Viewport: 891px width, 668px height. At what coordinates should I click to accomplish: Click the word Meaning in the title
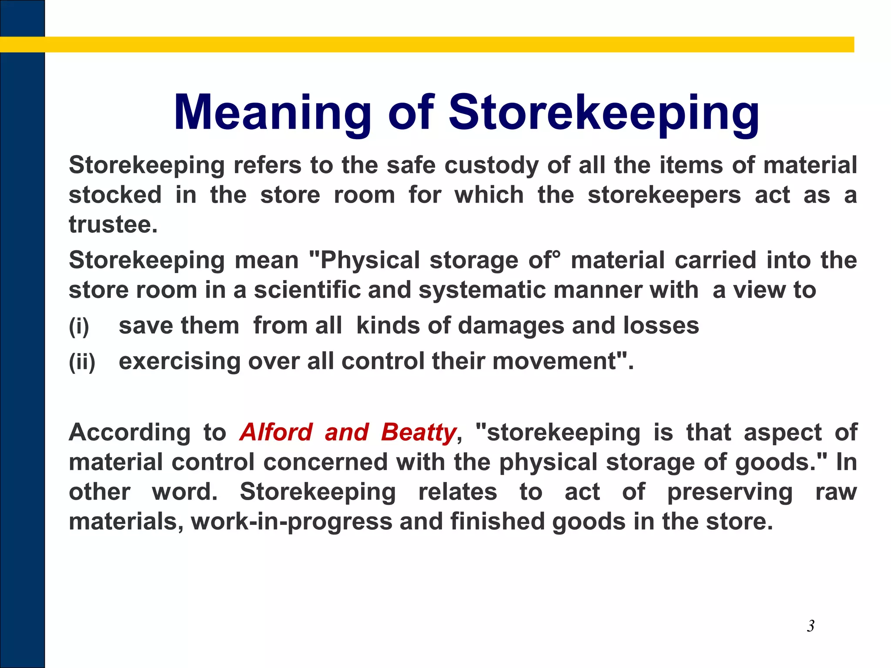tap(272, 113)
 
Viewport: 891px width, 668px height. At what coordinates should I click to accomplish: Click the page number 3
tap(811, 626)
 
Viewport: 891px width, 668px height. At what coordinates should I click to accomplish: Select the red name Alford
tap(276, 432)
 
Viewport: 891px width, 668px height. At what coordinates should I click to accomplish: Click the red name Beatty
tap(418, 432)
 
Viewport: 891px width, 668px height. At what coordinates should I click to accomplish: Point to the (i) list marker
tap(79, 326)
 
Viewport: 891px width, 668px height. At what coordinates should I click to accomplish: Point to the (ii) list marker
tap(82, 361)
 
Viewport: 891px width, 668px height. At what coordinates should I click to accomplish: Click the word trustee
tap(112, 225)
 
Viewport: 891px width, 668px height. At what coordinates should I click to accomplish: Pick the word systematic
tap(482, 290)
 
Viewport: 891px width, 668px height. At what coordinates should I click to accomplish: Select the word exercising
tap(179, 361)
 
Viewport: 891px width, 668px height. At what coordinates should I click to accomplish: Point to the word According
tap(129, 432)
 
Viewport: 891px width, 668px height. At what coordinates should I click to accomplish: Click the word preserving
tap(730, 492)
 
